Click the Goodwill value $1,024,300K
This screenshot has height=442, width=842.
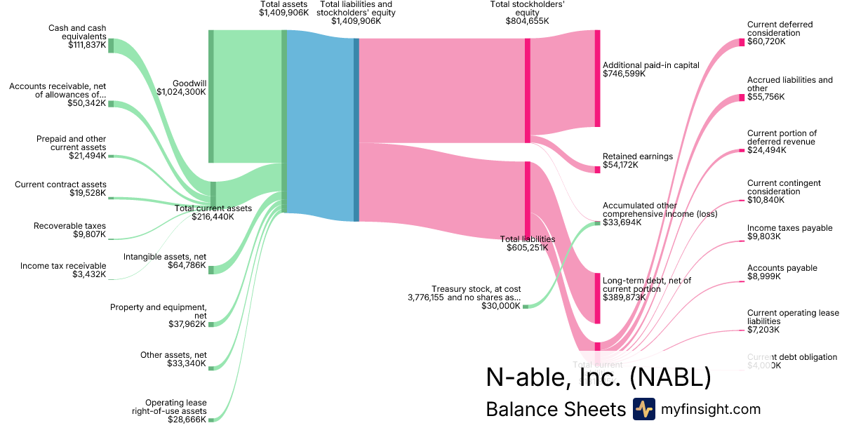pos(181,91)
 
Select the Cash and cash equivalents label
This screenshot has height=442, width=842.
pos(77,32)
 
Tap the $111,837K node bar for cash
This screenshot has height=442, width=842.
pos(111,46)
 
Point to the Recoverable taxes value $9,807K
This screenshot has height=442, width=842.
pos(91,235)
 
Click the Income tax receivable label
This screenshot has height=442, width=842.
pos(63,266)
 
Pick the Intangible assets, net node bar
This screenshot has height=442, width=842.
pos(211,269)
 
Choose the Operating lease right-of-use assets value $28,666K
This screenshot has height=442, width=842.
pos(187,420)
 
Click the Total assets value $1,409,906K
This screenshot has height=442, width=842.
pos(283,13)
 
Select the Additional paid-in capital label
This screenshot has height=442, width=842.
pos(651,65)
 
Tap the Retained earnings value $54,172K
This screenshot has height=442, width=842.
pos(620,165)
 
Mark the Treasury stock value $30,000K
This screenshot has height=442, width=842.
pos(500,306)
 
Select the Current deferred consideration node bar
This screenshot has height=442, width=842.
pos(742,42)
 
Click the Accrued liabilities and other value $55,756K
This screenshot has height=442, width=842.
pos(766,97)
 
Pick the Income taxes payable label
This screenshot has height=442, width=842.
pos(789,228)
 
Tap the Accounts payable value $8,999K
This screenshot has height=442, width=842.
pos(763,277)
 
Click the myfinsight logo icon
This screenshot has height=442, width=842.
pos(643,409)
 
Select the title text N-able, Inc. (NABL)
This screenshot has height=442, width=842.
pos(598,377)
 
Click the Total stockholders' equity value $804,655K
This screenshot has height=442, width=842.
pos(527,21)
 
